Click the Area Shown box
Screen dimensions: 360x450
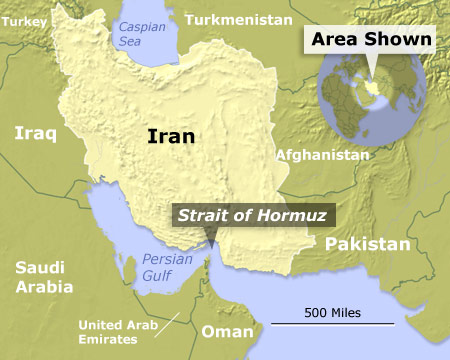point(372,41)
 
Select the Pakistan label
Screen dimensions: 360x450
point(368,244)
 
